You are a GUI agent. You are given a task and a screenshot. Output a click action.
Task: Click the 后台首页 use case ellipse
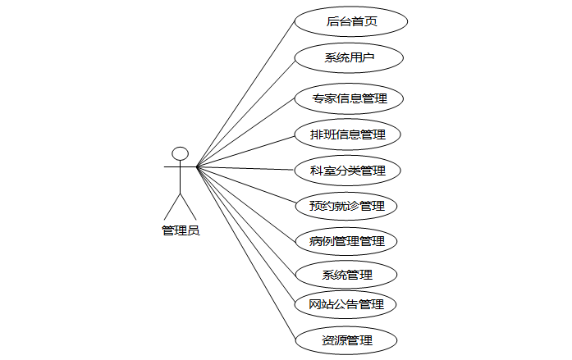pos(350,21)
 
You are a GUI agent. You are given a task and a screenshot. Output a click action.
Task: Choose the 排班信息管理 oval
pos(348,134)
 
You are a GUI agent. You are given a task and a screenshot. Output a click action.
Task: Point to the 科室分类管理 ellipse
pos(348,171)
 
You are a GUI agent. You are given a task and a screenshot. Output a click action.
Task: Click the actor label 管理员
pos(181,230)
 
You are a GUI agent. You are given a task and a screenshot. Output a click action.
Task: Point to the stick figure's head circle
pos(180,153)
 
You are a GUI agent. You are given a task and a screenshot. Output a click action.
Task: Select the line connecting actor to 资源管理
pos(246,253)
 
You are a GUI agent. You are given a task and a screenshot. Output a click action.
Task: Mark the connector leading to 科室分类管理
pos(246,169)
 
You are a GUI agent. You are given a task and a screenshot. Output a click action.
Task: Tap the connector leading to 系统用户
pos(246,113)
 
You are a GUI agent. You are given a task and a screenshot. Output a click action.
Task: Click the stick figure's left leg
pos(172,206)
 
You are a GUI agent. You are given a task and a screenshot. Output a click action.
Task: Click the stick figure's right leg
pos(188,206)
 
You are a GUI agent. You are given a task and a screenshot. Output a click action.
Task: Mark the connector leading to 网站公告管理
pos(246,235)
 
